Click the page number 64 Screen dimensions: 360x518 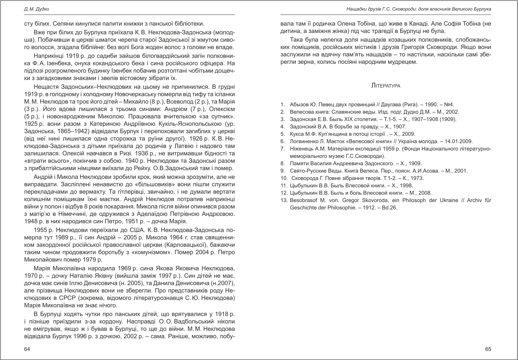click(27, 349)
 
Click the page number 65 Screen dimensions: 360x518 click(488, 349)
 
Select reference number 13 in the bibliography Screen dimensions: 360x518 click(283, 200)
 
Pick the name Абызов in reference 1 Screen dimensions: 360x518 click(299, 104)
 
